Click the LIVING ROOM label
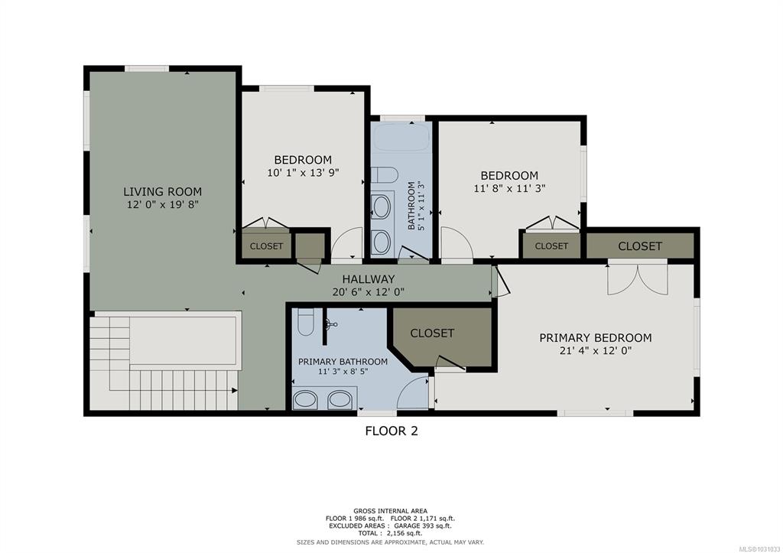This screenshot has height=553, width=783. click(x=162, y=191)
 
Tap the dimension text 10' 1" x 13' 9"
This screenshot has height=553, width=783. click(x=303, y=173)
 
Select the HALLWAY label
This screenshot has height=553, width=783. click(x=368, y=278)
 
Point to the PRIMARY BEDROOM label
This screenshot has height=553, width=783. click(x=595, y=338)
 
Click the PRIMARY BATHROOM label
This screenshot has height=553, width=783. click(x=343, y=362)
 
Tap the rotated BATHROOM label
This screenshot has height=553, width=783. click(x=411, y=205)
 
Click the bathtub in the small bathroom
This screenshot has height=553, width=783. click(x=401, y=136)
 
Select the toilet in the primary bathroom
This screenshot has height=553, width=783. click(x=305, y=322)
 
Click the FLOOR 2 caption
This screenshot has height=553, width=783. click(x=391, y=431)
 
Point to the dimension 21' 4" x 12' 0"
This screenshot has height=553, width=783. click(x=595, y=350)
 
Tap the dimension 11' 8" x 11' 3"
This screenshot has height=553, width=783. click(x=509, y=188)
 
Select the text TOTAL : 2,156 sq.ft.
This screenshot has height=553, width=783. click(x=391, y=533)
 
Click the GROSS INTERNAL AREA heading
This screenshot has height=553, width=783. click(x=390, y=510)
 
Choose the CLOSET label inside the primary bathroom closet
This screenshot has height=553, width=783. click(x=432, y=333)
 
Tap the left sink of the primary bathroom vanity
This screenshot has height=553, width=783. click(x=304, y=399)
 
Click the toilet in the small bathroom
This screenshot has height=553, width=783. click(x=384, y=175)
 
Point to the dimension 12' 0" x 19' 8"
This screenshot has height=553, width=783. click(x=163, y=204)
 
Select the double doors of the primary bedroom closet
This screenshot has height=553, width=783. click(x=638, y=280)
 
